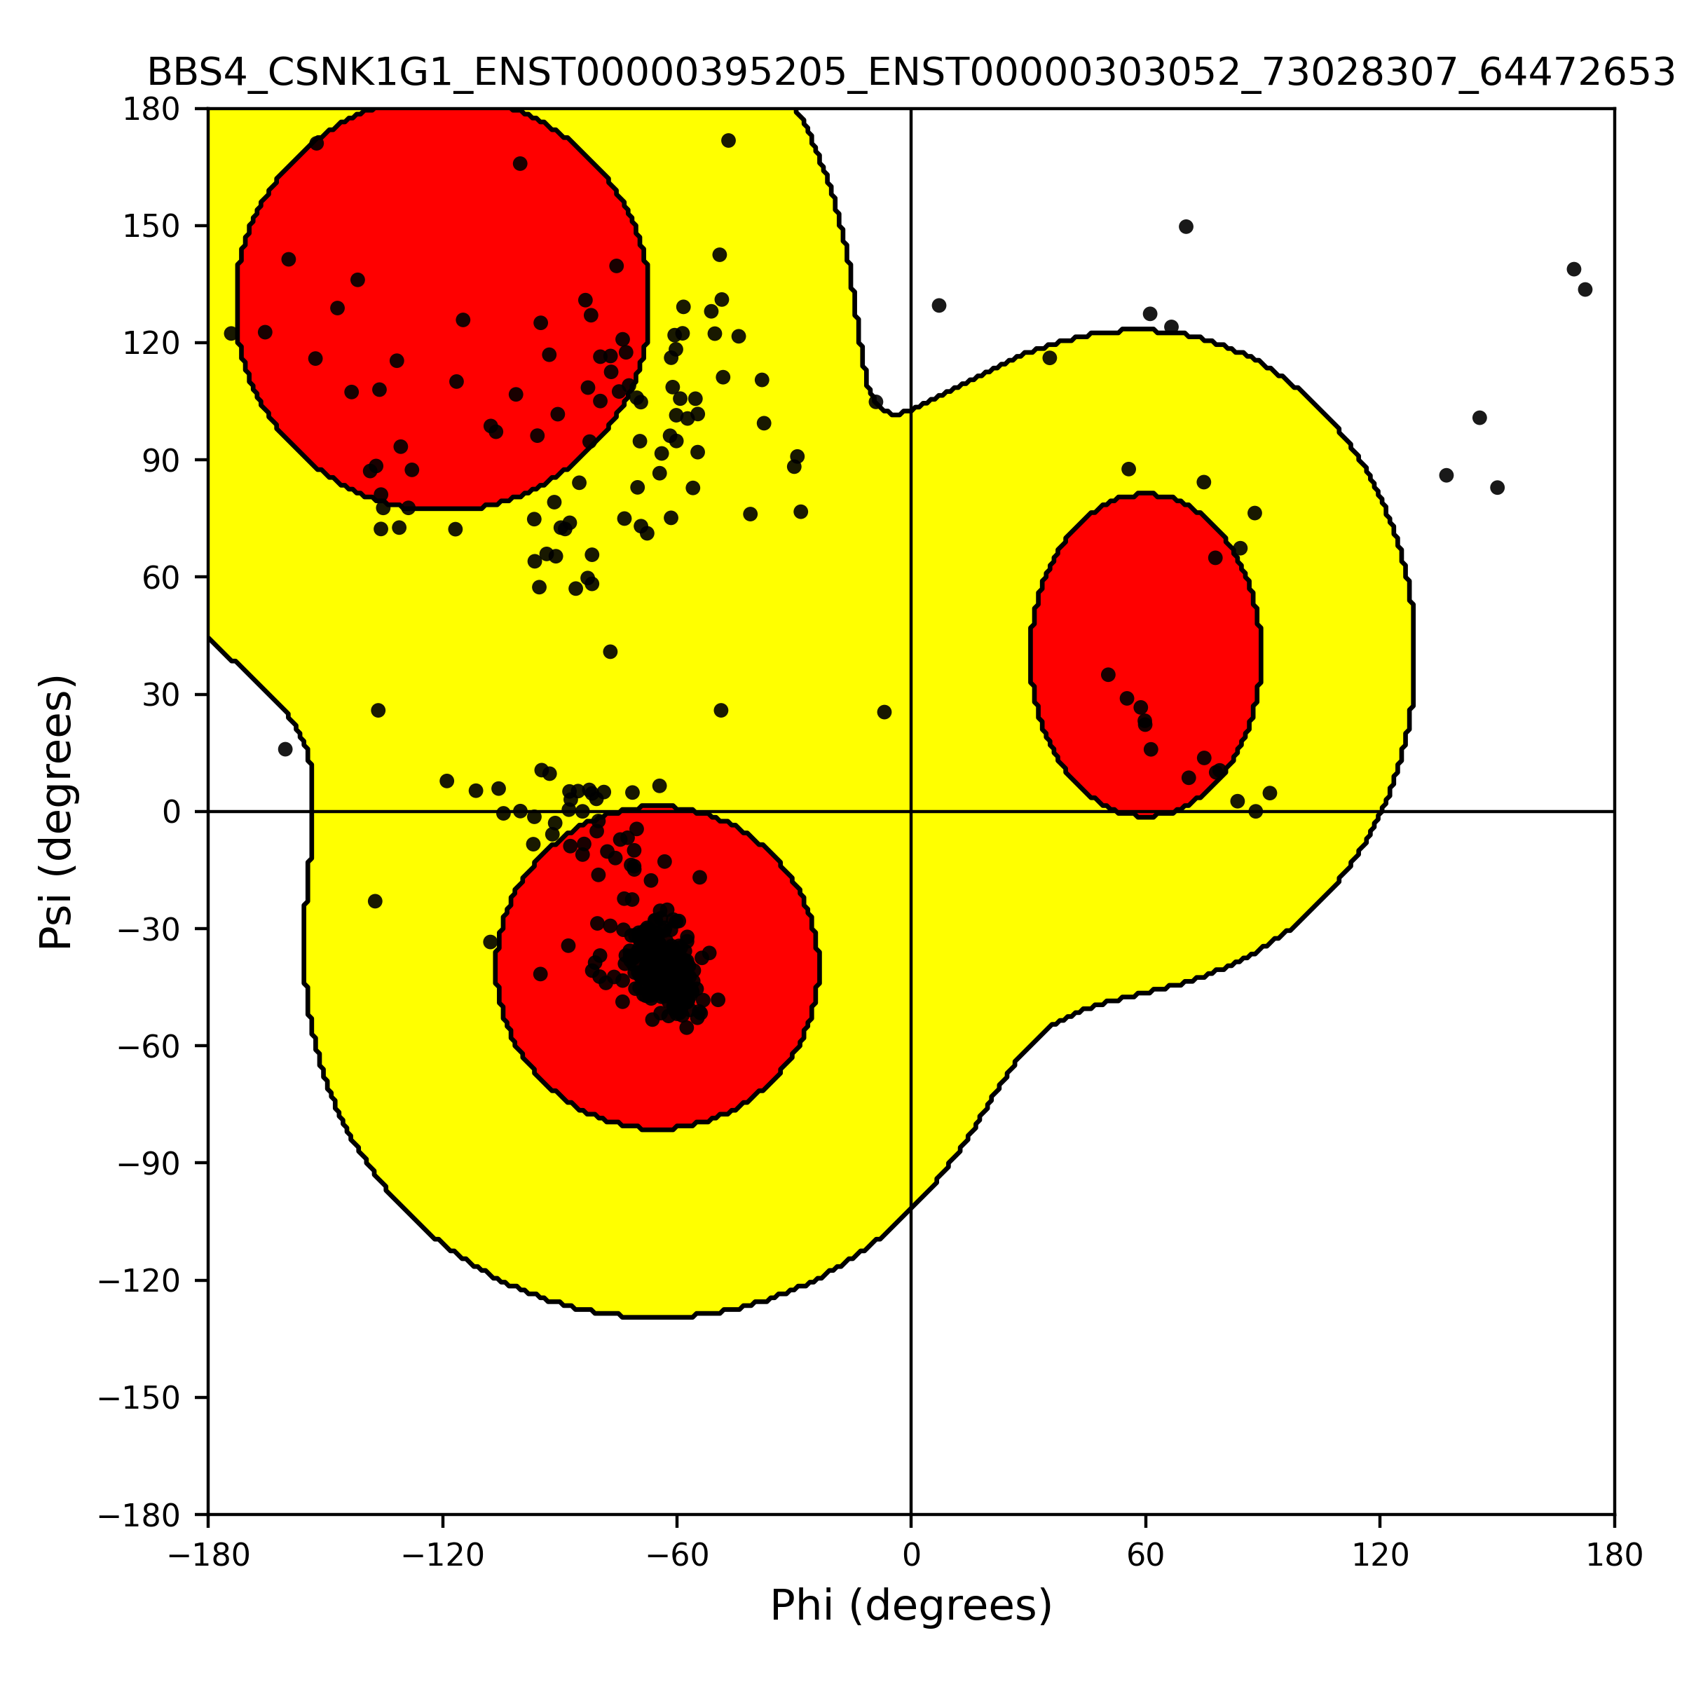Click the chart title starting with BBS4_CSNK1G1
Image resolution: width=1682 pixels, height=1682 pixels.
[910, 73]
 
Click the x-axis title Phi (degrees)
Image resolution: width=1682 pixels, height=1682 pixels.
[910, 1606]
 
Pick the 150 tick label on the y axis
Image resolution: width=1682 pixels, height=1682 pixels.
[151, 226]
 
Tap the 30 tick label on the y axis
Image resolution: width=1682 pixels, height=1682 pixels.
[162, 695]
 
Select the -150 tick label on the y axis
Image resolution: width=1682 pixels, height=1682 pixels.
[139, 1398]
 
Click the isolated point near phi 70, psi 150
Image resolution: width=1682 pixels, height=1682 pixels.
[1186, 226]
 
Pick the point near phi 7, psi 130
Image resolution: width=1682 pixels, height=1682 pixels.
[938, 306]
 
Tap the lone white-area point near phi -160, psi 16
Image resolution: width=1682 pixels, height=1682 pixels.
[285, 748]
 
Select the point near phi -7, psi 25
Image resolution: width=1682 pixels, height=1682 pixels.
[884, 712]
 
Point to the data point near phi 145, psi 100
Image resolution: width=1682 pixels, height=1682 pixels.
[1479, 418]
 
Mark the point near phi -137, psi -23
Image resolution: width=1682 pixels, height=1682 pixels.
[375, 901]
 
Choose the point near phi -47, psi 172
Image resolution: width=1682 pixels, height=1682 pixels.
[729, 141]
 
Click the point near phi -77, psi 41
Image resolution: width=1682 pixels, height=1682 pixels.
[610, 652]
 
